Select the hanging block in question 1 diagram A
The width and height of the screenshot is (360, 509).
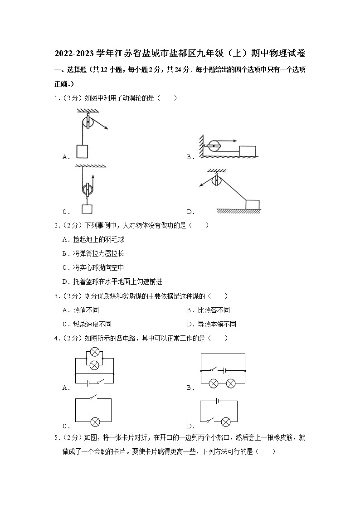point(82,151)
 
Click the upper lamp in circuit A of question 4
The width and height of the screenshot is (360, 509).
point(95,352)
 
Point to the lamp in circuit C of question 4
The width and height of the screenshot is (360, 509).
point(95,422)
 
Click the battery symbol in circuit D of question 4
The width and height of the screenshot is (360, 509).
point(219,401)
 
